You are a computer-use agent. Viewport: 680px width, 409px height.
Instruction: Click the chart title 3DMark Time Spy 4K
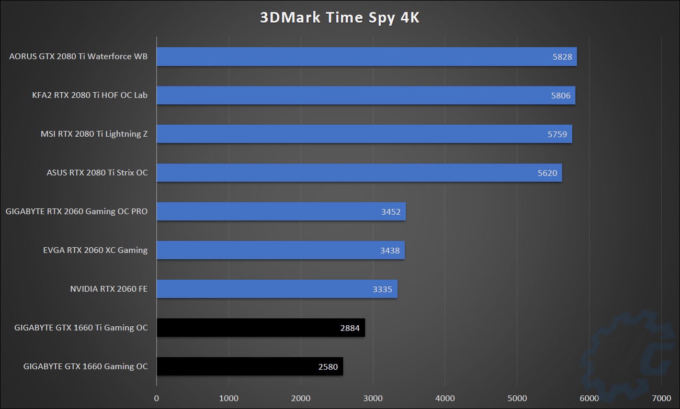click(x=340, y=17)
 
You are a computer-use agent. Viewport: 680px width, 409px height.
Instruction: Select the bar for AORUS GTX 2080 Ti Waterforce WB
click(x=366, y=57)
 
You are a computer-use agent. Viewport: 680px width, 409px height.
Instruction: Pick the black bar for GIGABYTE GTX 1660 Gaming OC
click(x=250, y=366)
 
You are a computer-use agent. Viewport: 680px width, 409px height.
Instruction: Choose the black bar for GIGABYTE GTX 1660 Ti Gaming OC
click(x=260, y=328)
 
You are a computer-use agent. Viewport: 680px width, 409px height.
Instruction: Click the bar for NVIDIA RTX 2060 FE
click(x=277, y=289)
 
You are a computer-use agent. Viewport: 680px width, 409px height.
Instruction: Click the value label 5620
click(x=547, y=173)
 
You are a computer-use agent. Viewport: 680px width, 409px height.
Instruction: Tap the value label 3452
click(x=391, y=212)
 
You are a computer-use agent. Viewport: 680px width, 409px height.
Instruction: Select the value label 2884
click(x=350, y=328)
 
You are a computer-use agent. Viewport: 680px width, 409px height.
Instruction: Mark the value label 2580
click(x=328, y=367)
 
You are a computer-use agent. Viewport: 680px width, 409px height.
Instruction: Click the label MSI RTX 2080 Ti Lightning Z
click(x=94, y=134)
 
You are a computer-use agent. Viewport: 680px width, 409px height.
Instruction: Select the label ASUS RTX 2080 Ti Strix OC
click(x=97, y=173)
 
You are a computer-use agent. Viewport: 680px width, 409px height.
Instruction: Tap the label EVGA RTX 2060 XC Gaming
click(x=95, y=250)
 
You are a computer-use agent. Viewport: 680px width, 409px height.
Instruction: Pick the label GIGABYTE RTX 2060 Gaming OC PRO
click(x=77, y=212)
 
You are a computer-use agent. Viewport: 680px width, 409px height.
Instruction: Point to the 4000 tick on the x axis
click(x=445, y=398)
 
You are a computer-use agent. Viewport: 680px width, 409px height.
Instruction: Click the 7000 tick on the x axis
click(x=662, y=398)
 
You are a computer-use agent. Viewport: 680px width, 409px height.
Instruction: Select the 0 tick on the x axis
click(x=156, y=398)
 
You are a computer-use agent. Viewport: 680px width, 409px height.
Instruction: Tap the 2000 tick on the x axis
click(x=301, y=398)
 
